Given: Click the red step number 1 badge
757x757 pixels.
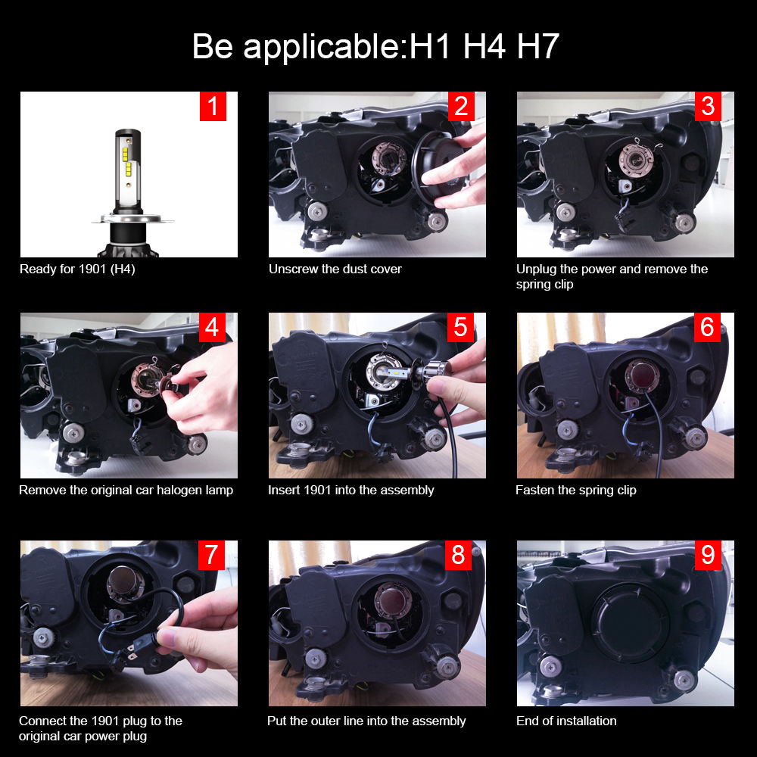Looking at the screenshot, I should click(x=213, y=107).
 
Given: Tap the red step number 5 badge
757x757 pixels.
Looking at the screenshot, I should click(x=460, y=327).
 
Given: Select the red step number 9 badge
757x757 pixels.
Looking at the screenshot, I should click(x=708, y=555).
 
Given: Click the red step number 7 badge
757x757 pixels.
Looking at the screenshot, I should click(x=211, y=555).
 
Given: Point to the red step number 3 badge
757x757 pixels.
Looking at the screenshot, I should click(x=708, y=107).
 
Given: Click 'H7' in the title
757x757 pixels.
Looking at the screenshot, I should click(x=537, y=47).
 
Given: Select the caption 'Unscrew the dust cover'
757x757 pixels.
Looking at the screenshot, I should click(x=335, y=269).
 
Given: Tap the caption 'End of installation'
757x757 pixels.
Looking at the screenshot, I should click(x=566, y=721).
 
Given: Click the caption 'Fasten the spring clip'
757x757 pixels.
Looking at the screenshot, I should click(x=575, y=490).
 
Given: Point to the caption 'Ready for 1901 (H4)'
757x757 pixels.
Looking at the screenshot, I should click(x=77, y=269).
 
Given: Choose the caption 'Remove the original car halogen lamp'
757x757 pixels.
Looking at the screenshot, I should click(x=126, y=490).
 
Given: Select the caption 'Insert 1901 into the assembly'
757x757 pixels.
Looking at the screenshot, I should click(x=350, y=490).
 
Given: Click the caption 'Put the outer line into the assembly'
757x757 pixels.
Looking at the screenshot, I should click(x=366, y=721).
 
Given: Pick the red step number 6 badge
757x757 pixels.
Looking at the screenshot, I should click(x=708, y=327).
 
